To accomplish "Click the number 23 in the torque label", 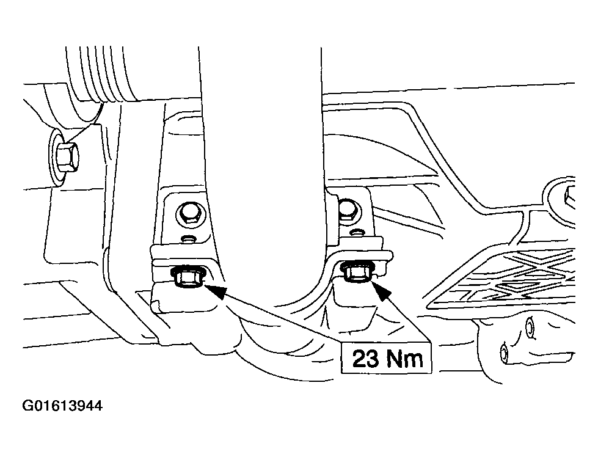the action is (365, 359).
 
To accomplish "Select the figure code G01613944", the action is (62, 406).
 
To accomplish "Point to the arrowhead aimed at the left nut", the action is (216, 288).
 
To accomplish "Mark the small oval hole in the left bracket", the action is (188, 239).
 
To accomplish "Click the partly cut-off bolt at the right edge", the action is (569, 199).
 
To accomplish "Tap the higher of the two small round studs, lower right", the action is (530, 326).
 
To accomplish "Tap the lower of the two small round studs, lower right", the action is (504, 354).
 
